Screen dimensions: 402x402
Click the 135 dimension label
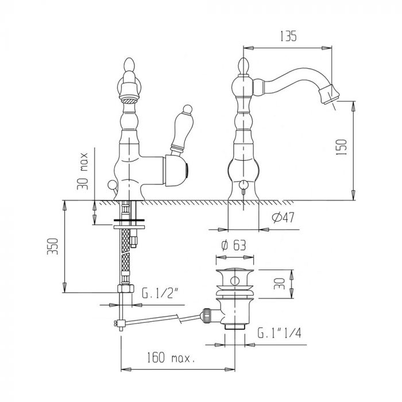tap(288, 36)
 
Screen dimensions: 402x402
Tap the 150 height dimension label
tap(341, 147)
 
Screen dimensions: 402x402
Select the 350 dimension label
tap(53, 246)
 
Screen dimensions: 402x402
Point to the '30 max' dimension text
tap(83, 171)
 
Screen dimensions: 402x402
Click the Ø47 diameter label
tap(283, 218)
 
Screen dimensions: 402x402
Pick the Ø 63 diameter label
tap(234, 245)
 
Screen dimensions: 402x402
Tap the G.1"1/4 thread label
tap(280, 333)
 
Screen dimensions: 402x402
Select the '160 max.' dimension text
tap(171, 357)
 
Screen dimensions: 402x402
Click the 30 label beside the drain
tap(279, 284)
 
